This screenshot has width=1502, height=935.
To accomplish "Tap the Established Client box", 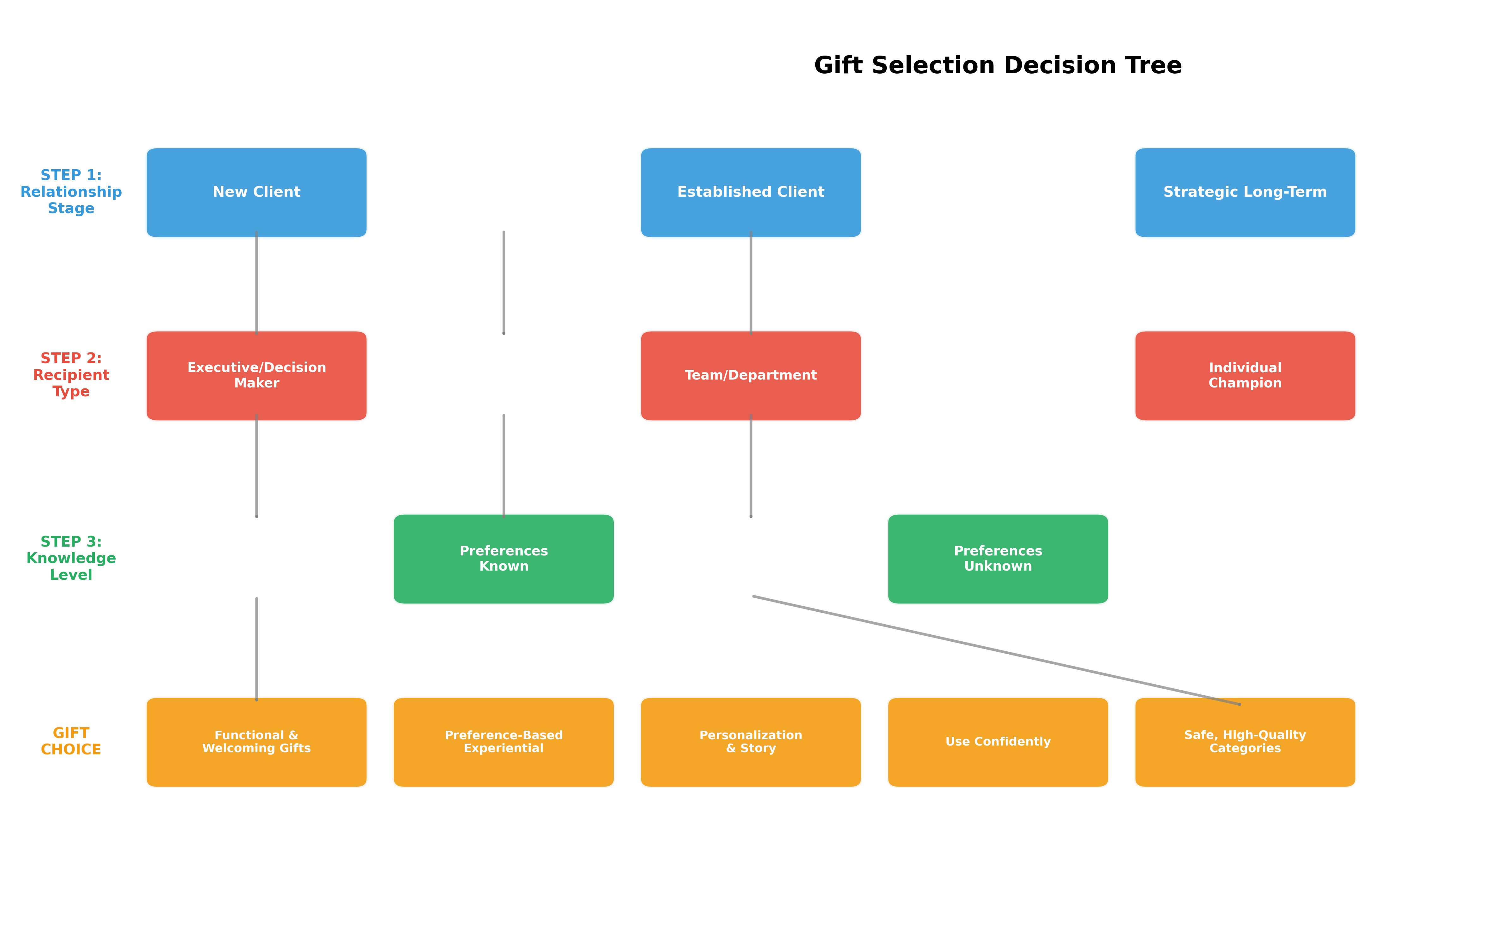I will (x=751, y=192).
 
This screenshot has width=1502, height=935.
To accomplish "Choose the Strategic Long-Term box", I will (x=1245, y=192).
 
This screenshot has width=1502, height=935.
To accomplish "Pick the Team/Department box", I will (x=751, y=375).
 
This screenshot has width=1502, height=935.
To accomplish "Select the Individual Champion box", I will (x=1245, y=375).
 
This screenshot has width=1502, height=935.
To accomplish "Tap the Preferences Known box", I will (x=504, y=558).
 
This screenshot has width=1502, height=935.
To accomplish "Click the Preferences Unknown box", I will (x=998, y=558).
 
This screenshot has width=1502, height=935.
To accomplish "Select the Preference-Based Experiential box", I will (x=504, y=742).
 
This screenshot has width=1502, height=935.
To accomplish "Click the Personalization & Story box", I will (x=751, y=742).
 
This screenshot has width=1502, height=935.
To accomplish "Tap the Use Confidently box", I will (x=998, y=742).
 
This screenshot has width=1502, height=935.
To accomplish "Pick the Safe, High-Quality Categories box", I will (x=1245, y=742).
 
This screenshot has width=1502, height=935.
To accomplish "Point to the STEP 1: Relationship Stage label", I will (x=71, y=192).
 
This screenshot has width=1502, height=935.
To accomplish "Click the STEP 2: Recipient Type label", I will (x=71, y=375).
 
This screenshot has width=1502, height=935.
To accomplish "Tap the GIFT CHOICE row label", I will (x=71, y=741).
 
